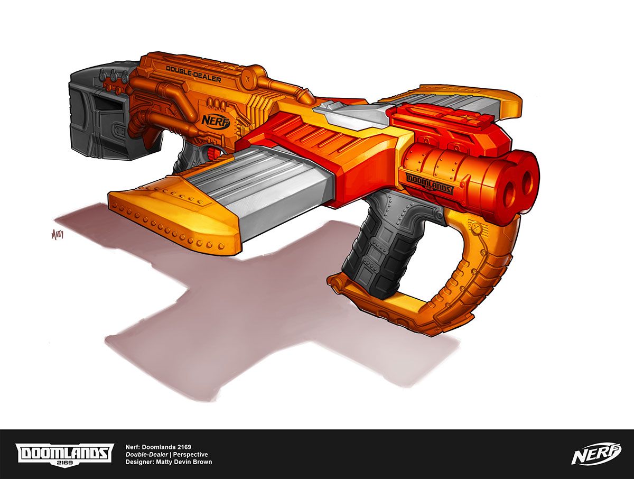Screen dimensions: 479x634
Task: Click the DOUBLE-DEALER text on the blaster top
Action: tap(193, 75)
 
